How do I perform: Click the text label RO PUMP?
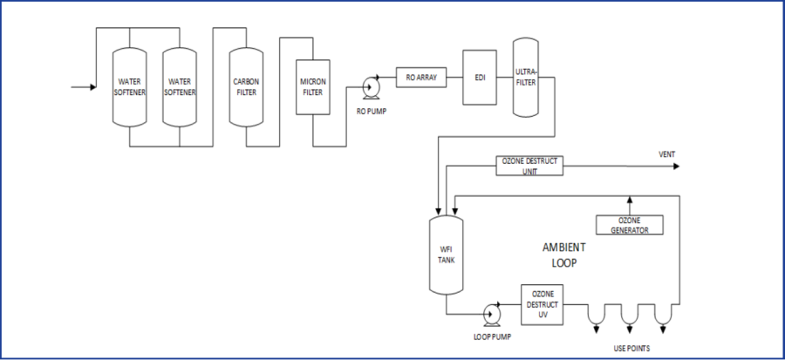click(x=371, y=111)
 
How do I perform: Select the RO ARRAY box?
click(x=421, y=78)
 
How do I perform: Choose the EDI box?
click(x=479, y=78)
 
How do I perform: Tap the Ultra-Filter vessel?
click(x=526, y=78)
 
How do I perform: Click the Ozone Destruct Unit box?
click(x=530, y=165)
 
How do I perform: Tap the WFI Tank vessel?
click(x=447, y=252)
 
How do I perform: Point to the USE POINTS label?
click(x=630, y=349)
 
